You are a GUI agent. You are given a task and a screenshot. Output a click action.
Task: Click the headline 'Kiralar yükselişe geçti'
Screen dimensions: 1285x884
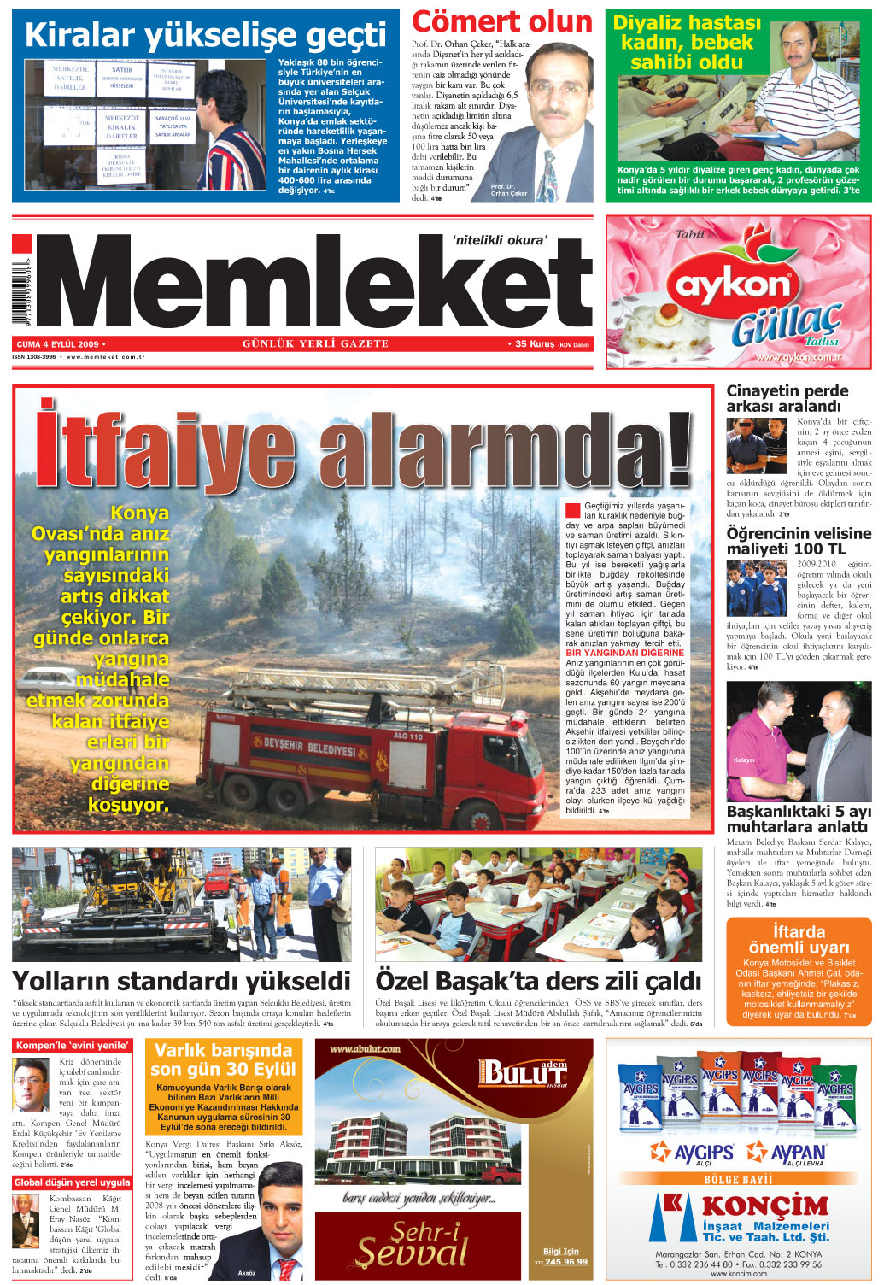click(205, 36)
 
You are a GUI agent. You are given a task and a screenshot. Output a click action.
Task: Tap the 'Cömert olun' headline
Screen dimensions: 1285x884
click(501, 21)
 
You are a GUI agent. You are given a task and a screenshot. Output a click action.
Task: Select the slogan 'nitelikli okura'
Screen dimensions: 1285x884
click(499, 240)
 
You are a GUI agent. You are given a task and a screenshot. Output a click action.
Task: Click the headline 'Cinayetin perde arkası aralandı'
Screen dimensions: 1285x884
click(787, 398)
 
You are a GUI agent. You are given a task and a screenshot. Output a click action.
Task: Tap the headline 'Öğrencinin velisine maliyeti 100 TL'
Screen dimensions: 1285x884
click(799, 541)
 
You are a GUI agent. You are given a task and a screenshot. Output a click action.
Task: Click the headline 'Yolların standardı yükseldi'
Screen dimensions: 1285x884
click(181, 980)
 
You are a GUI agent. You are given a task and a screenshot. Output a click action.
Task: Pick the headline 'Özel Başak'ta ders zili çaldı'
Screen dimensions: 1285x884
click(538, 980)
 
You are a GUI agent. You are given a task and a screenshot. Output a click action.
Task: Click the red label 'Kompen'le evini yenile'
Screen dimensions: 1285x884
click(73, 1046)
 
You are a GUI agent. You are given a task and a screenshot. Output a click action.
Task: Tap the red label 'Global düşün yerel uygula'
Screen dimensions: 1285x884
click(73, 1182)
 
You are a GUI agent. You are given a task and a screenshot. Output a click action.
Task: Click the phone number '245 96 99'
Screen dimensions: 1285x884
click(566, 1261)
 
